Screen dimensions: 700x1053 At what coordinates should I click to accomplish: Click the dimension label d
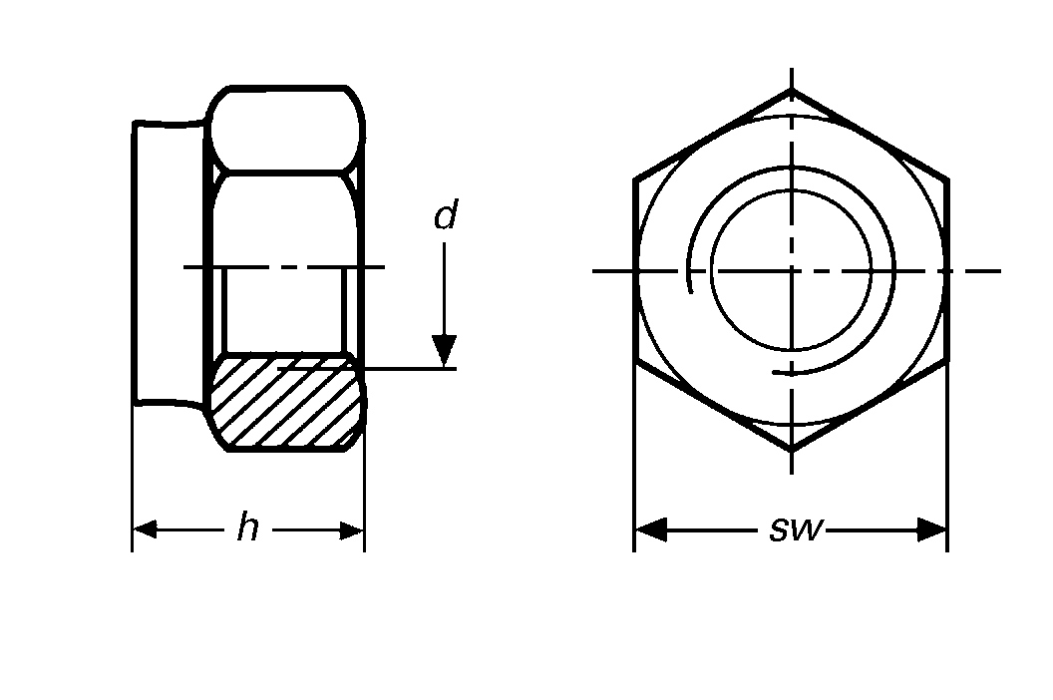[445, 215]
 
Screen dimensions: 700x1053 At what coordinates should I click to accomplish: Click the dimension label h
[247, 528]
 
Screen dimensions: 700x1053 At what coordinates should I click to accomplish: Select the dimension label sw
[797, 529]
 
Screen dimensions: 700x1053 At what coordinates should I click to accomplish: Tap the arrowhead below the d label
[445, 351]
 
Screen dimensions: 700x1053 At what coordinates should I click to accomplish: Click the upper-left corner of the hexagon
[635, 180]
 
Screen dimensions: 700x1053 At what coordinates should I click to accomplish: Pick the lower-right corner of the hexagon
[946, 361]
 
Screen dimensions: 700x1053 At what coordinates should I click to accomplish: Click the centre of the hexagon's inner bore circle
[791, 270]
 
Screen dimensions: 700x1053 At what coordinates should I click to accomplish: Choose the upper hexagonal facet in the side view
[285, 130]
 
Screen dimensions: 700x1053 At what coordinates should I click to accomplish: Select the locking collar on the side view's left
[170, 264]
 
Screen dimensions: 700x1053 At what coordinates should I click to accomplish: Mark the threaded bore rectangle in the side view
[285, 309]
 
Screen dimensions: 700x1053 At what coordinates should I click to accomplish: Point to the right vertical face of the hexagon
[946, 270]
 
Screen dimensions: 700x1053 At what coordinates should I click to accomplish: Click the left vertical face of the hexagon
[635, 270]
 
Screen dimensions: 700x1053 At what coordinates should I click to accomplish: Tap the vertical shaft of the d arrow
[445, 289]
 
